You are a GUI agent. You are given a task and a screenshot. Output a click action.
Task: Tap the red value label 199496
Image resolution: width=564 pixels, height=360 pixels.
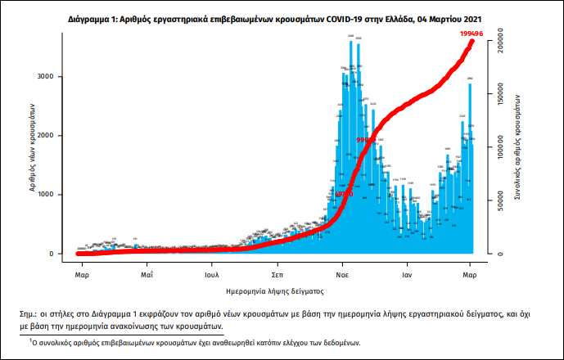point(472,33)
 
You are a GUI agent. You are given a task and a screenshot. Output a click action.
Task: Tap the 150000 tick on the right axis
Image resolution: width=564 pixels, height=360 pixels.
point(508,94)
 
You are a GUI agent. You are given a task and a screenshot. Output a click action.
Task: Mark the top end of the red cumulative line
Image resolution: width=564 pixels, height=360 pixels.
point(472,41)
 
